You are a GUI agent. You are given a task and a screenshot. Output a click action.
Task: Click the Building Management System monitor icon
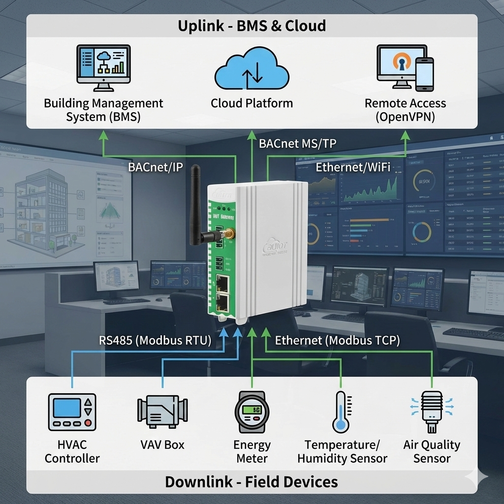pos(104,67)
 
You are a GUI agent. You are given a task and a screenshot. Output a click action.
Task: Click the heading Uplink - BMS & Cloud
pos(252,26)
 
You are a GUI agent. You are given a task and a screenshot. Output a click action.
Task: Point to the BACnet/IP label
pos(156,167)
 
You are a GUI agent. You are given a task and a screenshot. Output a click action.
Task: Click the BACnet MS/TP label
pos(298,144)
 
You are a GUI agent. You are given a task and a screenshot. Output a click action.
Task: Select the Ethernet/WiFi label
pos(353,167)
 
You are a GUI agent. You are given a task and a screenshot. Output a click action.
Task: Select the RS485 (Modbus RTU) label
pos(155,341)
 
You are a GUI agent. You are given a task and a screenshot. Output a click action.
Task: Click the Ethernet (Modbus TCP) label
pos(337,341)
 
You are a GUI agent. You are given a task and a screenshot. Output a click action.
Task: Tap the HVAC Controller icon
pos(72,411)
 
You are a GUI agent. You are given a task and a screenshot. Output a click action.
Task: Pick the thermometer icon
pos(341,411)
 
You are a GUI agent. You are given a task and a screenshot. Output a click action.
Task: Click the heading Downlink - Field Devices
pos(252,481)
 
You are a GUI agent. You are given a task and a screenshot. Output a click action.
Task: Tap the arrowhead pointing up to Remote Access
pos(405,134)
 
